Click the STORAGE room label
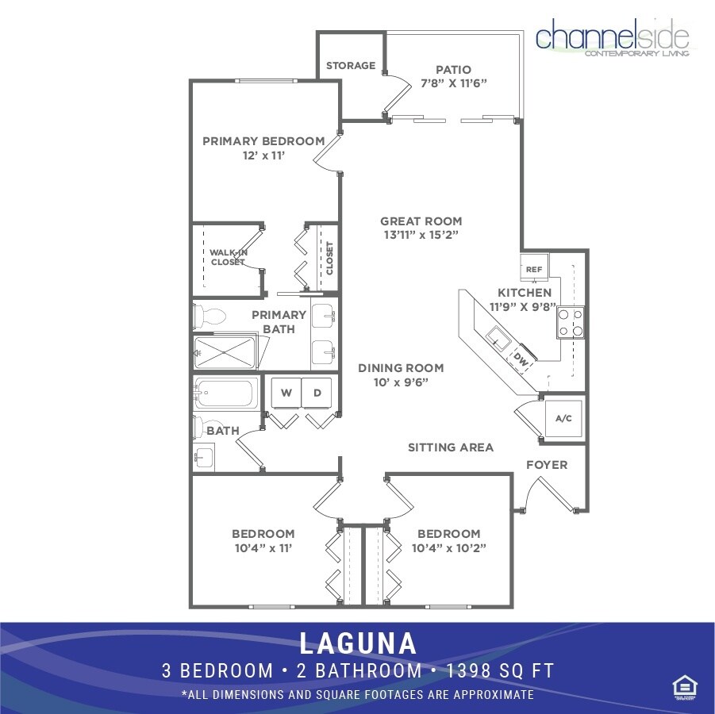pos(351,66)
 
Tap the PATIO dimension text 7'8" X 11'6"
pos(453,83)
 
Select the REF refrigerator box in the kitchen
pos(534,270)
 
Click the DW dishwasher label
pos(521,359)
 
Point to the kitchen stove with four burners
pos(571,322)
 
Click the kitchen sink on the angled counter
pos(498,338)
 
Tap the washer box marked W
pos(286,392)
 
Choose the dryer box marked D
pos(317,392)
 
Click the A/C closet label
pos(563,418)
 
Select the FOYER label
pos(547,464)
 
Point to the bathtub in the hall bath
pos(227,392)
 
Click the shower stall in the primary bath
pos(225,353)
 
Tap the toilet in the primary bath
pos(210,317)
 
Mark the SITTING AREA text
pos(450,447)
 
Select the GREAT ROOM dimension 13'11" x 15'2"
pos(421,235)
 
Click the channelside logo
pos(612,37)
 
